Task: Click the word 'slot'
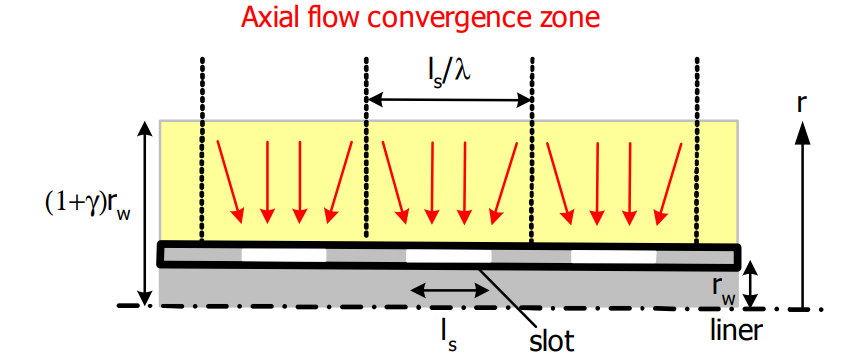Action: pos(551,339)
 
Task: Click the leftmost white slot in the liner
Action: pos(284,254)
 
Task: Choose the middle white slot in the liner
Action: pos(448,256)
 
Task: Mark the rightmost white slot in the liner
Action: pos(613,257)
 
